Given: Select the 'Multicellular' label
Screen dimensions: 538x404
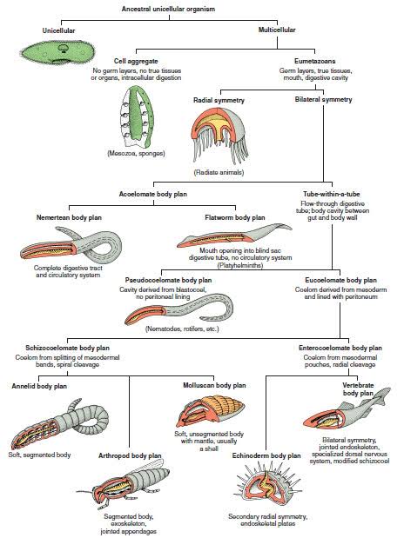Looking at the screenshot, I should (x=278, y=30).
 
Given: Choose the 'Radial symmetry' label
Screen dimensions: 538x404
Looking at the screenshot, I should (x=219, y=101).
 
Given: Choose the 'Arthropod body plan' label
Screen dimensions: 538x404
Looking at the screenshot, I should (x=129, y=455).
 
